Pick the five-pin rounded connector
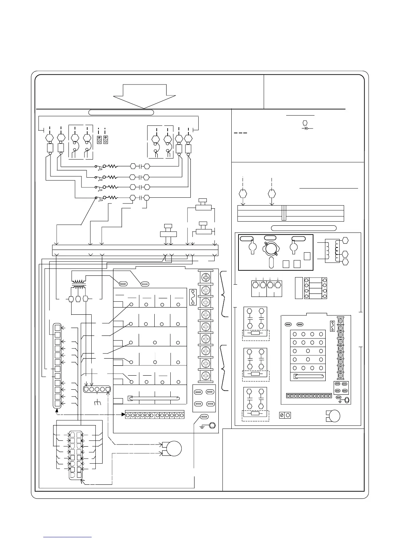(97, 389)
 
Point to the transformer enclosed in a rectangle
(332, 251)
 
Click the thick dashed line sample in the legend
(241, 133)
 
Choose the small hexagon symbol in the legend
(305, 122)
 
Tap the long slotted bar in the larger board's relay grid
(153, 398)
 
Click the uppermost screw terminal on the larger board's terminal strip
(205, 277)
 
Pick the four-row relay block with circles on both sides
(315, 288)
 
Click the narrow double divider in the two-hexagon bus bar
(284, 213)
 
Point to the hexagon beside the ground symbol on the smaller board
(346, 400)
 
